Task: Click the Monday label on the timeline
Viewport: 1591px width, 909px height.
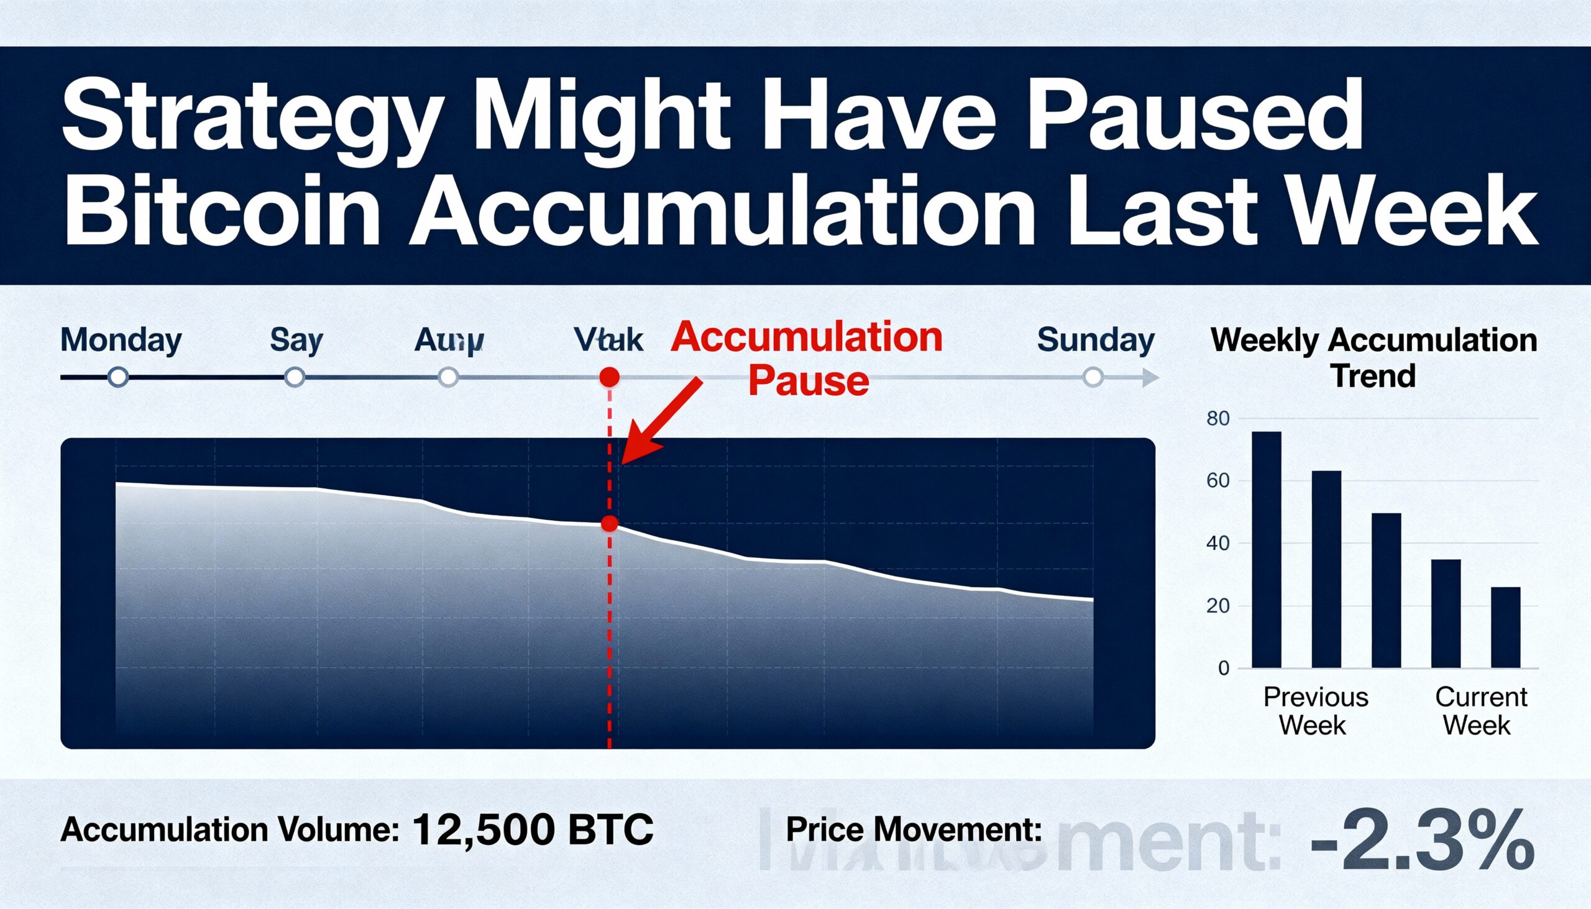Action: tap(121, 341)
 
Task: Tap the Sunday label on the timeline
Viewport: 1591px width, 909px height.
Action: tap(1095, 341)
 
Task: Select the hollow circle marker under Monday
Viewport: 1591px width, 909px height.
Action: tap(118, 377)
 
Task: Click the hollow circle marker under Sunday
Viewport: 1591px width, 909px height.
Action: tap(1093, 377)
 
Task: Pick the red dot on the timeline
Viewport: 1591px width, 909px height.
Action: tap(609, 377)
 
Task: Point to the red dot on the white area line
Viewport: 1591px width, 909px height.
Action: tap(610, 524)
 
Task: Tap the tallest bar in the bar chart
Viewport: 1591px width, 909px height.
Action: tap(1267, 549)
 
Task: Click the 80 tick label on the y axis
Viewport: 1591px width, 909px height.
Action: tap(1217, 419)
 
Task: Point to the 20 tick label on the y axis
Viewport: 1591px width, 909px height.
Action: tap(1217, 606)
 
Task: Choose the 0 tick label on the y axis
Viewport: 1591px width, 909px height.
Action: tap(1223, 669)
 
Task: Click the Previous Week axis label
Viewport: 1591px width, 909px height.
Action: tap(1316, 711)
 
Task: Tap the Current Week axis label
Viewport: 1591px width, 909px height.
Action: tap(1480, 711)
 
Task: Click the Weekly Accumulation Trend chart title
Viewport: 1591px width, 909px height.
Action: tap(1373, 358)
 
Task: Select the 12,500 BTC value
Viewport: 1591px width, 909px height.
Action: tap(533, 829)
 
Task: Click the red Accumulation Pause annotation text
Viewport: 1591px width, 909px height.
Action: tap(807, 359)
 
